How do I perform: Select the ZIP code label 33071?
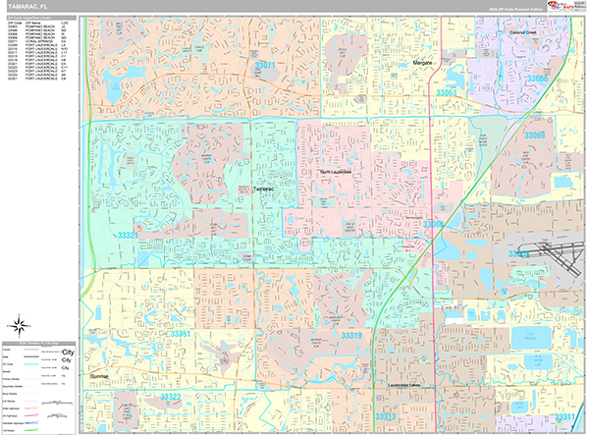(x=265, y=65)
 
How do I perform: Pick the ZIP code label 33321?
(x=128, y=236)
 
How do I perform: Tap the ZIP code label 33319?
(x=351, y=336)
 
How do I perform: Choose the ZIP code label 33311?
(x=565, y=416)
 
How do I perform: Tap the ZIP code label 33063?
(x=447, y=93)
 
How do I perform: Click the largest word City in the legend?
(x=69, y=351)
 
